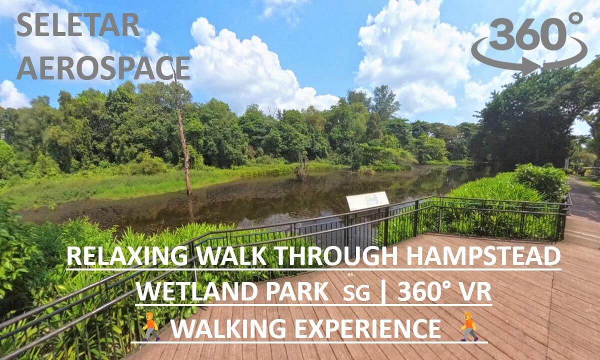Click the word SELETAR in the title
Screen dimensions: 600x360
78,25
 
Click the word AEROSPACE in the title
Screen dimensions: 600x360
103,68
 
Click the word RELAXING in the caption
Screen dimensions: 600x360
127,256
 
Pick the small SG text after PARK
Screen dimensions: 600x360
356,293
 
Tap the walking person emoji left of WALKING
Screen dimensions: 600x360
151,326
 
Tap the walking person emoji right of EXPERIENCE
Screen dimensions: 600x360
469,326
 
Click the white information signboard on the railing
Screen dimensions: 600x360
367,201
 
